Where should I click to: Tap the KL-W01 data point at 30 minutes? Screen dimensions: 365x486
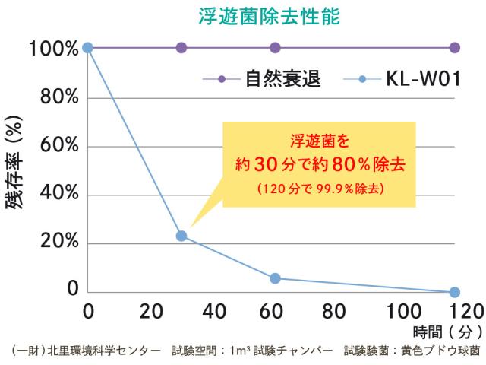[x=181, y=236]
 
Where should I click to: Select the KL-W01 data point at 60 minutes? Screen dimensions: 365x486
[x=275, y=278]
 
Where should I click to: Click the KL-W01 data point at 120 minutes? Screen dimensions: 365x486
[x=455, y=292]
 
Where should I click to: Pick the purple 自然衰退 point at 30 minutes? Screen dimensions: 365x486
[x=181, y=48]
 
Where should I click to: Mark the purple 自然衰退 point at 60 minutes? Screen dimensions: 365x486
[x=275, y=48]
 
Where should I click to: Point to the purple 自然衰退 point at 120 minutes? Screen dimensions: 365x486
[x=455, y=48]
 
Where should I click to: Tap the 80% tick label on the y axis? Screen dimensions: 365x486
[x=54, y=97]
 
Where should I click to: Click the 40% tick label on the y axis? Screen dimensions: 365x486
[x=54, y=195]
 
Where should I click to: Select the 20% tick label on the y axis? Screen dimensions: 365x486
[x=54, y=243]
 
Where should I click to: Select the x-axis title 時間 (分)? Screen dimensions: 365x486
[x=448, y=332]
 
